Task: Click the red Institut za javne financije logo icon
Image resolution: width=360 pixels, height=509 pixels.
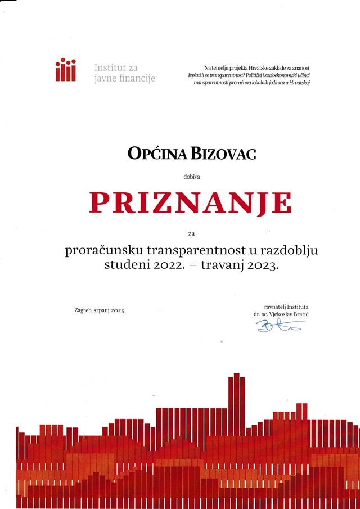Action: point(65,70)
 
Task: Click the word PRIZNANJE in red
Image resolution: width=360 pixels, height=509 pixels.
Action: point(191,204)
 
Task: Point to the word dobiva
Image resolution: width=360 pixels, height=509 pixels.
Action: point(191,177)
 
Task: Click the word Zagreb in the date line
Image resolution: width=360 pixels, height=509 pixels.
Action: point(84,310)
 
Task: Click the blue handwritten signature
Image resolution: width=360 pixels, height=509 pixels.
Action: point(280,325)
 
